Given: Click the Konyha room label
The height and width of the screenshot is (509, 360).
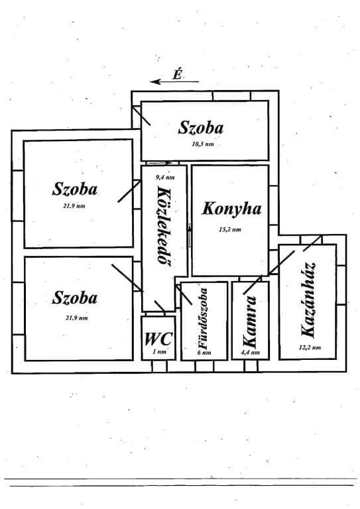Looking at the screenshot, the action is tap(231, 209).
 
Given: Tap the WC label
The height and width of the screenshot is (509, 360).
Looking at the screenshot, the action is tap(158, 339).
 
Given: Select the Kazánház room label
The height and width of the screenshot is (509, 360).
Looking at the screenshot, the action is tap(308, 300).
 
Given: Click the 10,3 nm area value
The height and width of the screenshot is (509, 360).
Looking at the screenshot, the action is tap(203, 144).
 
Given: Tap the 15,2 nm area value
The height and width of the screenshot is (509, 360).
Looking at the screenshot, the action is tap(230, 229).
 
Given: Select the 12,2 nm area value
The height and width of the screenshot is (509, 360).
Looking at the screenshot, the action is tap(310, 347).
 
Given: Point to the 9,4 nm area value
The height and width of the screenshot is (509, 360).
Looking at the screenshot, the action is tap(165, 177).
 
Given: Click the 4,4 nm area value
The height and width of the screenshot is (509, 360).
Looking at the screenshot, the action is tap(251, 353).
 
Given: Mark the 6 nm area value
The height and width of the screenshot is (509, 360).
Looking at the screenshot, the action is tap(204, 353).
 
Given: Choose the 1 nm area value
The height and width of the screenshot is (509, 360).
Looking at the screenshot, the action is tap(159, 351).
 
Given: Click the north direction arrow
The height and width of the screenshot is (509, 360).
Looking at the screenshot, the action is tap(174, 82).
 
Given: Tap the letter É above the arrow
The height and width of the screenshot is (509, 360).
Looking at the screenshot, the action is tap(177, 74).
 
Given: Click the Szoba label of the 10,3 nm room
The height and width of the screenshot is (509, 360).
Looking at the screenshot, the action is tap(201, 127).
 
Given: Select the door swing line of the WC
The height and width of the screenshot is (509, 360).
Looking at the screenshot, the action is tap(160, 307).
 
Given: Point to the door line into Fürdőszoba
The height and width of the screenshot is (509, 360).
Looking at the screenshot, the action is tap(184, 295).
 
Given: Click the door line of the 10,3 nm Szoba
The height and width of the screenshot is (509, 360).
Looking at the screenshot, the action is tap(141, 116).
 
